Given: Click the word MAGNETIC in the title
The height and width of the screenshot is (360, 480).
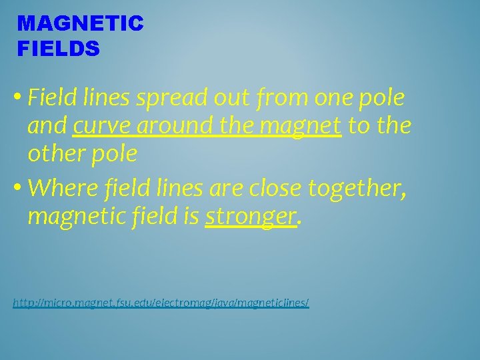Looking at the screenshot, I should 80,24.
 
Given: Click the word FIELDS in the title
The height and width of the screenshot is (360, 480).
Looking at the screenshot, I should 59,48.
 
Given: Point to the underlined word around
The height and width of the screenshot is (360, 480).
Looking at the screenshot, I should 167,126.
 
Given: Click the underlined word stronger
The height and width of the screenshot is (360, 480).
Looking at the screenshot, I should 250,217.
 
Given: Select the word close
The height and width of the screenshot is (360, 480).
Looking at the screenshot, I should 275,189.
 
